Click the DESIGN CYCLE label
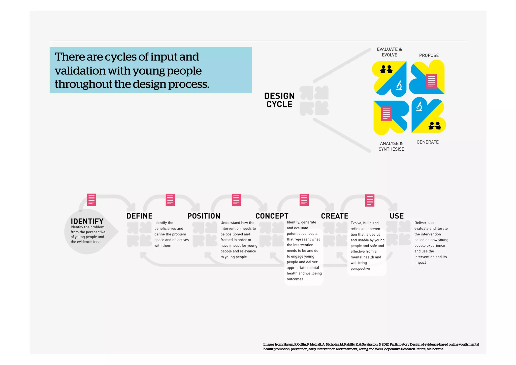[279, 100]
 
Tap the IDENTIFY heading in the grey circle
[87, 221]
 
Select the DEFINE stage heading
[139, 216]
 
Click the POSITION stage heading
[204, 216]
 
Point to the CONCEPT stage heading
[272, 216]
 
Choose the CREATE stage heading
[335, 216]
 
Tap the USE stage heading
[397, 216]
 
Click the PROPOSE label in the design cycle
[429, 55]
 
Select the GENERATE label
[428, 142]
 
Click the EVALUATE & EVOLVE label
[389, 52]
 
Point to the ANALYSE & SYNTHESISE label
[391, 146]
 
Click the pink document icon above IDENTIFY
[91, 200]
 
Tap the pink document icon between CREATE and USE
[370, 200]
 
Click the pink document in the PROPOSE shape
[431, 81]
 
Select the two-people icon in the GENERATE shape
[435, 125]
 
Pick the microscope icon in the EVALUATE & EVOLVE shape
[399, 85]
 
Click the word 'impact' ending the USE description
[420, 262]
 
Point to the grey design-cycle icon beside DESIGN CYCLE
[314, 100]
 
